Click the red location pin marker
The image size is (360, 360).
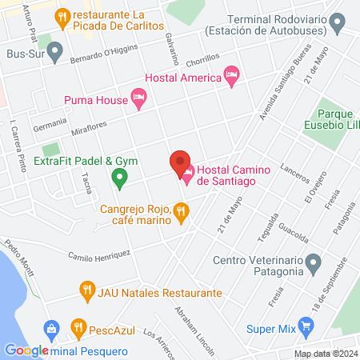point(180,162)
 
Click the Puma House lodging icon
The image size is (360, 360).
point(138,99)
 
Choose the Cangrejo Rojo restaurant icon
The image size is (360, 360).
point(182,213)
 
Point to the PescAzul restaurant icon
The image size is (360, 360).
point(78,327)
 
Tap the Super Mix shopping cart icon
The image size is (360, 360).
point(304,326)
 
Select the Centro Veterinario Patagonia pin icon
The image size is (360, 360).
point(314,262)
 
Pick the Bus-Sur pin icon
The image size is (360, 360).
point(55,54)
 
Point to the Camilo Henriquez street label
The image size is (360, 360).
point(99,254)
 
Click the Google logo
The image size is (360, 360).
point(26,350)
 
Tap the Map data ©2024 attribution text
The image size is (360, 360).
point(325,354)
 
